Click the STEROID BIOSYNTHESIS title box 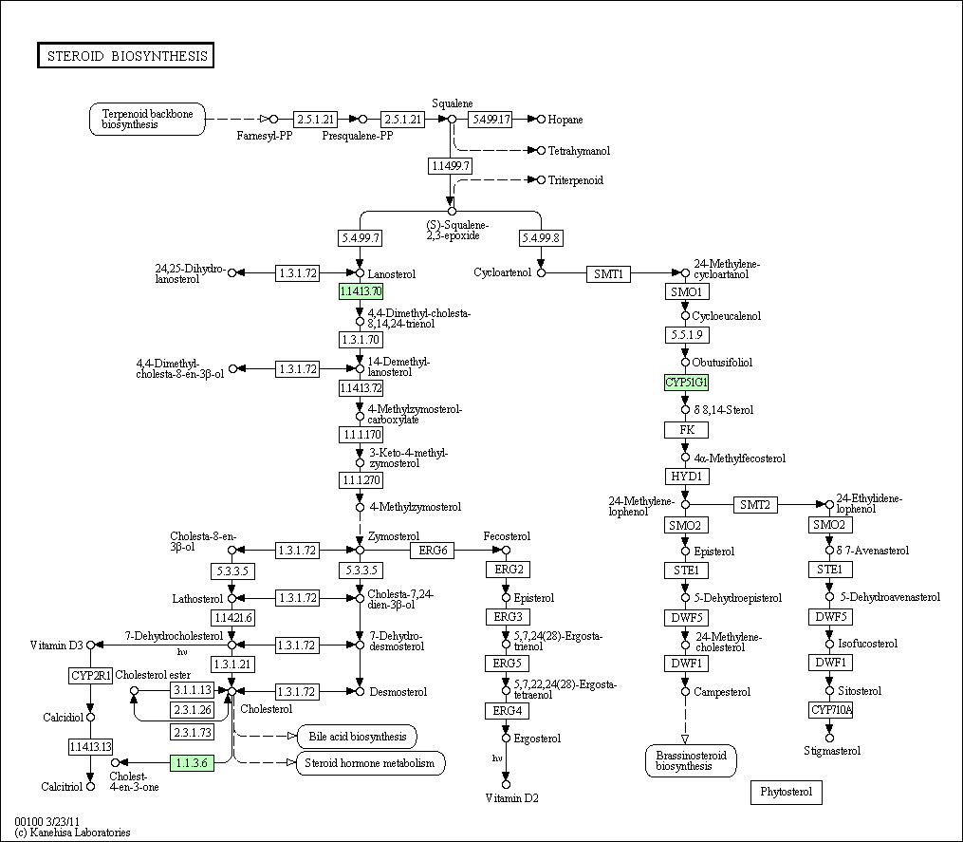[x=126, y=55]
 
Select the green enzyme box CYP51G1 [x=686, y=383]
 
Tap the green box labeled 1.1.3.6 [x=192, y=762]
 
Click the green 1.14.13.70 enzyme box [x=361, y=290]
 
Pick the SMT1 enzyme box [x=608, y=273]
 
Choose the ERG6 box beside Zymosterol [x=433, y=550]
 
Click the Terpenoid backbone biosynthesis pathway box [x=147, y=120]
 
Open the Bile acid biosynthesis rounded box [x=357, y=737]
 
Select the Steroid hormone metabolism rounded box [x=370, y=762]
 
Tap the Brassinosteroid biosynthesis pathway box [x=691, y=761]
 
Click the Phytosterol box [x=787, y=792]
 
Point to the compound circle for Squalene [x=452, y=120]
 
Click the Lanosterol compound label [x=391, y=274]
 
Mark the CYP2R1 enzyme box [x=90, y=676]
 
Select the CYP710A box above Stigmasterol [x=831, y=710]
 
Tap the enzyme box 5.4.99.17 [x=491, y=120]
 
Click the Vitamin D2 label [x=511, y=797]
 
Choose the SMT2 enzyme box [x=755, y=505]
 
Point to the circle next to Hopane [x=541, y=120]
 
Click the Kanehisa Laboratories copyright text [x=72, y=833]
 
